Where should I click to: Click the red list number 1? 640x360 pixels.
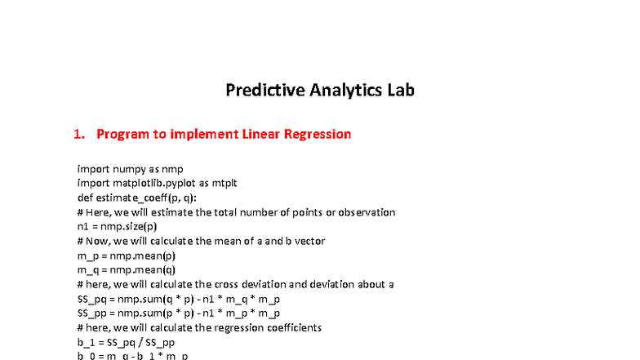78,134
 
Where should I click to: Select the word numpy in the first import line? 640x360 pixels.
129,169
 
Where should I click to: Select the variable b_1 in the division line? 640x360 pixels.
85,341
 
